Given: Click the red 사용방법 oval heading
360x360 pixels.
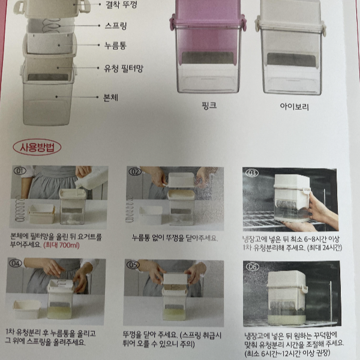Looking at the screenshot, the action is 37,147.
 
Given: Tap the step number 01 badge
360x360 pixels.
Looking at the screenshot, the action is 20,171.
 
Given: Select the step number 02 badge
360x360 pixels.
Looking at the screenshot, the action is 135,172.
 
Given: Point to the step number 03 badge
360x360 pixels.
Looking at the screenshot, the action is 252,173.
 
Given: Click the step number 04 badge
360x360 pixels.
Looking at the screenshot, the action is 16,263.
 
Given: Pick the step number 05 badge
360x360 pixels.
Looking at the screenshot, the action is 133,265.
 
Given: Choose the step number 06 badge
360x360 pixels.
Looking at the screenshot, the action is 253,267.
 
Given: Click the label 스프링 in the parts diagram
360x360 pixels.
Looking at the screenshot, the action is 116,26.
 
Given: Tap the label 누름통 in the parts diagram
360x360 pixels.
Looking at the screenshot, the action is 115,46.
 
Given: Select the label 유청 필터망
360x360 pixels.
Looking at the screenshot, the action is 124,68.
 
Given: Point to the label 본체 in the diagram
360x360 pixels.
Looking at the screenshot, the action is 110,98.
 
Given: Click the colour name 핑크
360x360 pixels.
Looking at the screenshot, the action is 209,106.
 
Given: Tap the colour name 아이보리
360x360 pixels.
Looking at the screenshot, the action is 294,107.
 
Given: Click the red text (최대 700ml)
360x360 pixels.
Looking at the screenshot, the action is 62,245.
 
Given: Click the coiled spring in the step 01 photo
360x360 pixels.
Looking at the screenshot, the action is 20,209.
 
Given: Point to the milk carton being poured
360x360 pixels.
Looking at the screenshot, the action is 92,178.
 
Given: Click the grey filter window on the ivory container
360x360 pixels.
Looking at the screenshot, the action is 291,60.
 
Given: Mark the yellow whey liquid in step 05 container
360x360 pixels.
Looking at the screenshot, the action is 174,315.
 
